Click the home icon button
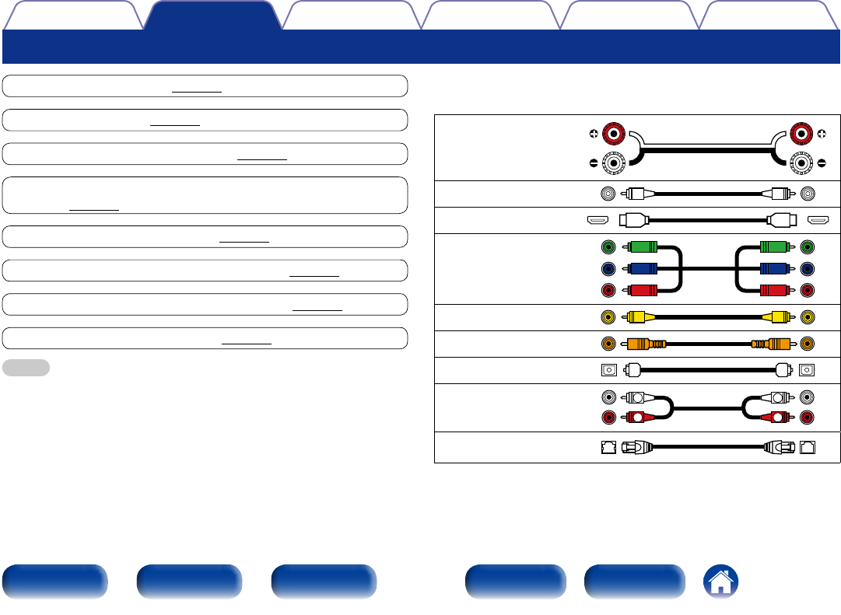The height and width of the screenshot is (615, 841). [x=721, y=582]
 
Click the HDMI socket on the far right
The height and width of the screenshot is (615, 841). [x=818, y=220]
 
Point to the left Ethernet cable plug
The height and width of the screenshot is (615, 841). [x=637, y=447]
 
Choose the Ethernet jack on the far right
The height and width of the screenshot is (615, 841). [x=808, y=447]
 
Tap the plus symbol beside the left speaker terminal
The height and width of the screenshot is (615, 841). [x=594, y=135]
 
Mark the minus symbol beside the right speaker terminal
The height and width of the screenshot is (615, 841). [x=822, y=163]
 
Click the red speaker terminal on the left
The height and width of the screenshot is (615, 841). [x=615, y=135]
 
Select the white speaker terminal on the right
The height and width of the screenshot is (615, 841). [x=801, y=163]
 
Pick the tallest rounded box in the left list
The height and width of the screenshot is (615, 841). [x=205, y=194]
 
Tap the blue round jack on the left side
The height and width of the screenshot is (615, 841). [x=608, y=269]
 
